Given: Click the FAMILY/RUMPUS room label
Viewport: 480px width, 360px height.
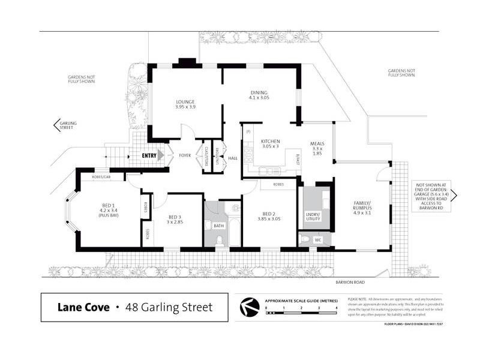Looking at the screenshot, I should (x=362, y=208).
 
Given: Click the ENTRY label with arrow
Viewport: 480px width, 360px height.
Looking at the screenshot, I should (x=149, y=155).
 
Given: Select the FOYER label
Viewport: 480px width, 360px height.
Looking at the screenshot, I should (x=185, y=155).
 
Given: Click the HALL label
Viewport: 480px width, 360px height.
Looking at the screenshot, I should (x=233, y=158).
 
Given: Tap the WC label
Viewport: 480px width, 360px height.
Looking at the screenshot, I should (x=318, y=241).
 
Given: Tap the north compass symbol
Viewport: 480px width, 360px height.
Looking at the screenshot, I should (x=247, y=307).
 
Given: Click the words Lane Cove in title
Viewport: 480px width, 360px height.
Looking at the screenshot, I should (x=83, y=307).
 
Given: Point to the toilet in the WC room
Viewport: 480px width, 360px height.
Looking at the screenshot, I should (x=306, y=240).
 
